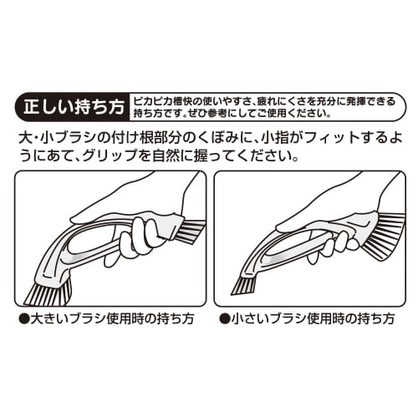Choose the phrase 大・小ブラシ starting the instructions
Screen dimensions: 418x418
click(50, 136)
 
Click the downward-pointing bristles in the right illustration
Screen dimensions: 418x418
click(242, 284)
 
